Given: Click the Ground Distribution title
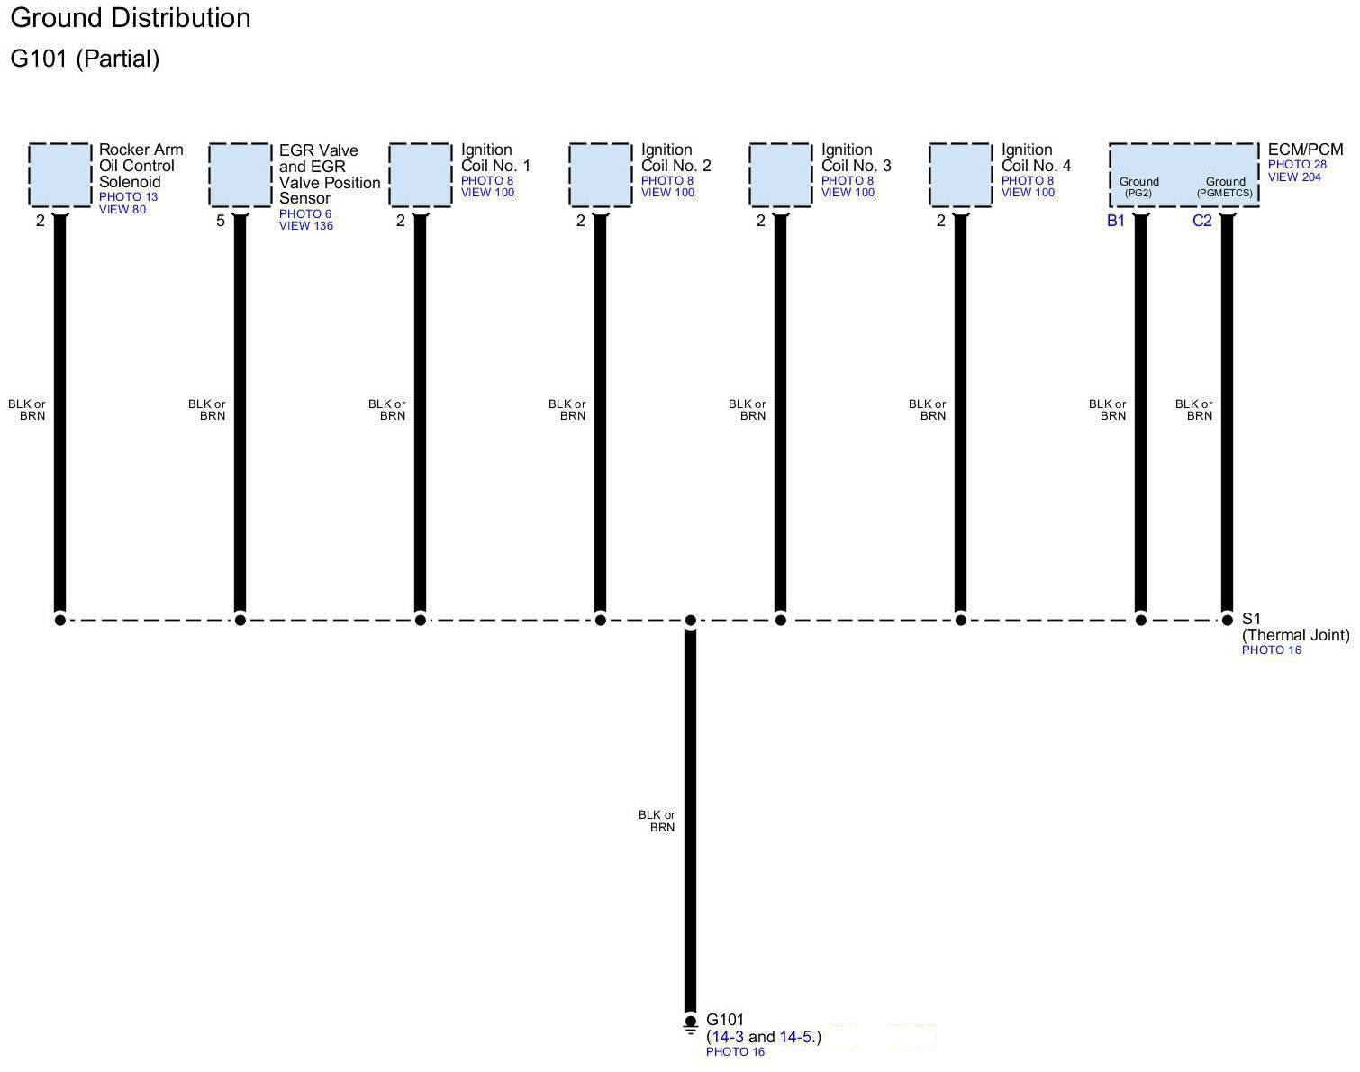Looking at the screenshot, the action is coord(131,18).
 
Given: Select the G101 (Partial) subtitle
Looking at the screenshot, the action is coord(85,59).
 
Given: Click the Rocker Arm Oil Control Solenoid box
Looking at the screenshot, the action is coord(60,175).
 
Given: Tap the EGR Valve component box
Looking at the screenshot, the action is coord(240,175).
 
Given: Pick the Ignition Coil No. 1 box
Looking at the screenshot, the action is coord(421,175).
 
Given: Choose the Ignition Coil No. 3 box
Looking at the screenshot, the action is coord(781,175).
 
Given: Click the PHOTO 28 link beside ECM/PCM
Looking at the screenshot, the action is coord(1297,165).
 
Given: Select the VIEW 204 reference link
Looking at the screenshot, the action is coord(1294,177).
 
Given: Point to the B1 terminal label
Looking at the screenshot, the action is coord(1116,222).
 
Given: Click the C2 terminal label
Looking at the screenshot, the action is coord(1202,222).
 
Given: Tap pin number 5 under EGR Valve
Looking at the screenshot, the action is coord(220,221).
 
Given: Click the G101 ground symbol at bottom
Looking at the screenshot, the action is coord(691,1023).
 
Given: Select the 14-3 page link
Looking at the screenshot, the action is coord(728,1037).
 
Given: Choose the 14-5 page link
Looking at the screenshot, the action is coord(796,1037).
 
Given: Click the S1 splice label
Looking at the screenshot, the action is coord(1252,619).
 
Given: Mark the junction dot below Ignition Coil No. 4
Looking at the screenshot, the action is coord(961,620).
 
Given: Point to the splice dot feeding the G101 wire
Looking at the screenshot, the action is coord(691,620).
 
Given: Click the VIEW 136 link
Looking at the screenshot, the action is coord(306,226).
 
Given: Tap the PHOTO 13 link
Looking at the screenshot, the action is coord(128,197).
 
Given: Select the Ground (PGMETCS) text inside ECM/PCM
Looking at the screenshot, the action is coord(1225,186).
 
